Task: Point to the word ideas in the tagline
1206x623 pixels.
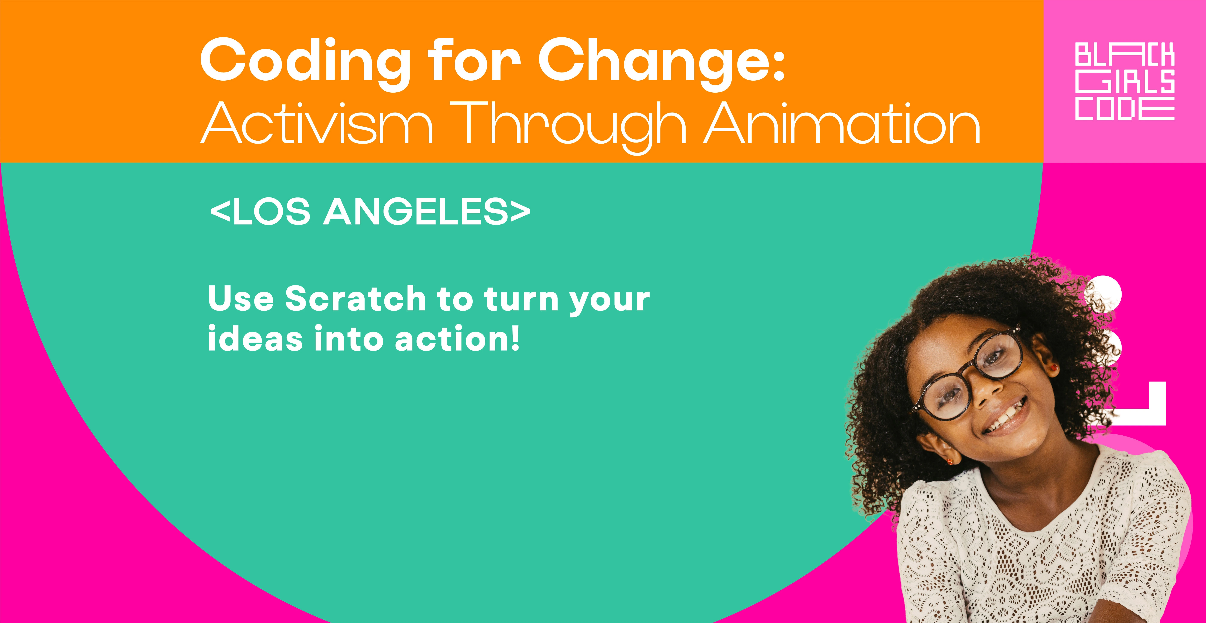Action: coord(255,338)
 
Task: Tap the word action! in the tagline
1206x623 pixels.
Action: coord(457,338)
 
